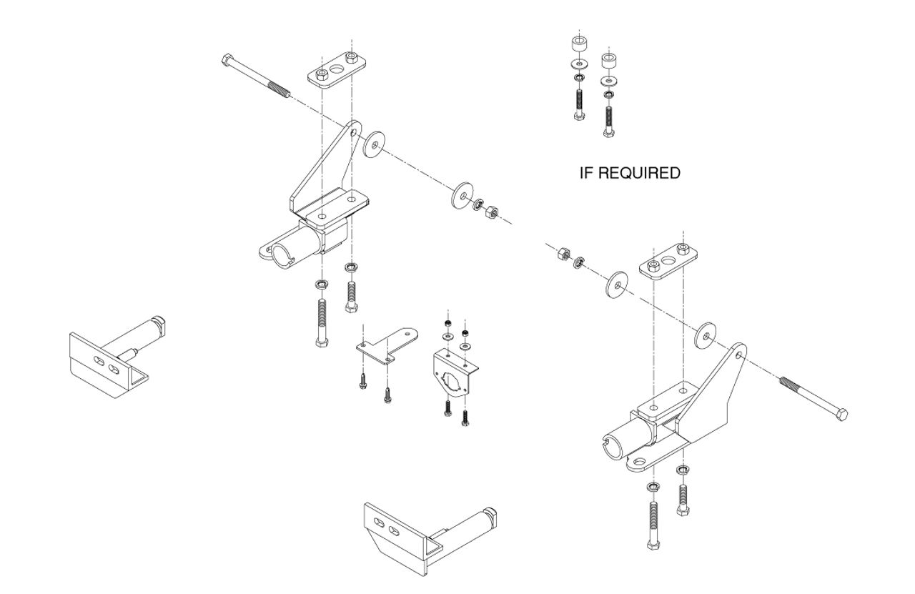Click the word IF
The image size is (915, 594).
point(586,173)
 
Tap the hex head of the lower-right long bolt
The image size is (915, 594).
point(841,415)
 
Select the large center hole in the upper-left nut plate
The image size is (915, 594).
point(337,69)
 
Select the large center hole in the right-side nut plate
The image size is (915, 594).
point(668,259)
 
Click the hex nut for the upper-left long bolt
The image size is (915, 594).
point(491,212)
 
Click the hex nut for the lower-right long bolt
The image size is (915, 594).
point(564,254)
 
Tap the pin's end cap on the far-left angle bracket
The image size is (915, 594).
point(159,325)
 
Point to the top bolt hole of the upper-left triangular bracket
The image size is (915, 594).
point(354,132)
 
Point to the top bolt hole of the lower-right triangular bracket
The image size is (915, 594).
point(738,355)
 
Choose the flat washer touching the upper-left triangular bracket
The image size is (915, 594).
point(374,144)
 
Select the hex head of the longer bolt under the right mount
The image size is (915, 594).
point(653,545)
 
